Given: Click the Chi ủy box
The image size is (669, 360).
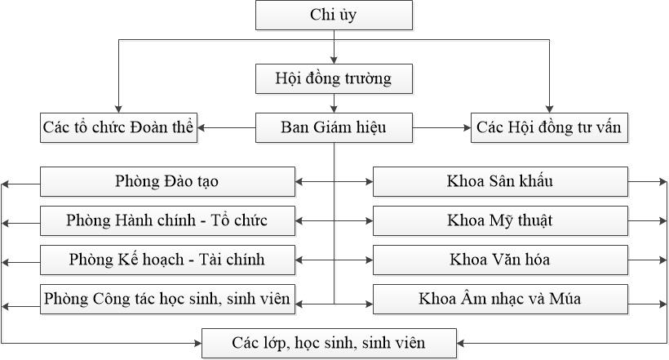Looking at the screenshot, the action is [x=334, y=15].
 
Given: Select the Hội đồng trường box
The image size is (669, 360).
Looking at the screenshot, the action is [x=334, y=78].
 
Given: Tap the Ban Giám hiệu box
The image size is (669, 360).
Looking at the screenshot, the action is [x=334, y=127].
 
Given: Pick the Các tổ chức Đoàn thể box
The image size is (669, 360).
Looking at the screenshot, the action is [x=118, y=127].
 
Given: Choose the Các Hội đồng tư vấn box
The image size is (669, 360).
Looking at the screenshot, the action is [x=549, y=127].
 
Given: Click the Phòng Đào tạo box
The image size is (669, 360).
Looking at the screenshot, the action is [x=167, y=181].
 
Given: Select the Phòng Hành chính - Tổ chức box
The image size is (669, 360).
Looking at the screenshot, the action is [x=167, y=220].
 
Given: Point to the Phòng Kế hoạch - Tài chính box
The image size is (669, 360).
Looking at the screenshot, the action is [x=167, y=260].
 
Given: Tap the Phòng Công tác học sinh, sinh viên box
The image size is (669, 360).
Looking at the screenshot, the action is [x=167, y=300].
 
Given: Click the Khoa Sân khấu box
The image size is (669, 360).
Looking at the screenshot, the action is [x=500, y=181].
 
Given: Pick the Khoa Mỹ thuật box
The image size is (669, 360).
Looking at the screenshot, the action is [x=500, y=220].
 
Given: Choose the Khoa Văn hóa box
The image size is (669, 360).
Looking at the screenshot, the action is [x=500, y=260].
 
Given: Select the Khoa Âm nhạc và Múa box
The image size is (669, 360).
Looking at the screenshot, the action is [x=500, y=300].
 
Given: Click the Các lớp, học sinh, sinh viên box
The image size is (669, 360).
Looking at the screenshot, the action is [x=329, y=344].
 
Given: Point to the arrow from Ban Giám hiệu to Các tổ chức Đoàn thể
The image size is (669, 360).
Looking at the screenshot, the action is [x=227, y=127].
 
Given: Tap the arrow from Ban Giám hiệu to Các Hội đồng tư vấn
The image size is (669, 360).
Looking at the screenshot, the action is [x=441, y=127].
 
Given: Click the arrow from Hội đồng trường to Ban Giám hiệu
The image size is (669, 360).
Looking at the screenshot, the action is [x=334, y=104].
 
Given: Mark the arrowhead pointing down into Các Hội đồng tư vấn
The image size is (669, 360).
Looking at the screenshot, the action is [x=550, y=109].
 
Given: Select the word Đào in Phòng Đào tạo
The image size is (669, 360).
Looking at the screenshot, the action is [x=164, y=181].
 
